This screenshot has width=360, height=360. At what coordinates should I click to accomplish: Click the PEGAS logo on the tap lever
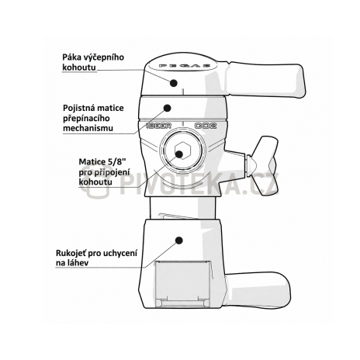coord(184,66)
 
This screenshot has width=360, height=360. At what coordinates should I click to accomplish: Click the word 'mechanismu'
coord(88,128)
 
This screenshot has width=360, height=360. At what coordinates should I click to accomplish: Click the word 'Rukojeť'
coord(71,253)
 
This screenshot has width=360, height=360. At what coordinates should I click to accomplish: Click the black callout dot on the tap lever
coord(174,83)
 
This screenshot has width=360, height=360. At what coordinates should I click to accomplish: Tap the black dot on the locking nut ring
coord(168,108)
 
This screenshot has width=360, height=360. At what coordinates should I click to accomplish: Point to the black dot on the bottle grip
coord(178,241)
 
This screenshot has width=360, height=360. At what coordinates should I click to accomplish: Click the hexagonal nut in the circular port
coord(182,150)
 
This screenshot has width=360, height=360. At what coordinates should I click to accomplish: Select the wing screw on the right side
coord(261,165)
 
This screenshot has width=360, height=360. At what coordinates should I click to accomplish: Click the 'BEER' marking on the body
coord(159,126)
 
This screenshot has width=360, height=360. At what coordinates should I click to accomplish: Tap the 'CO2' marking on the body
coord(206,126)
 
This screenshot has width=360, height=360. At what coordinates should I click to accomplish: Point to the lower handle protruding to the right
coord(258,290)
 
